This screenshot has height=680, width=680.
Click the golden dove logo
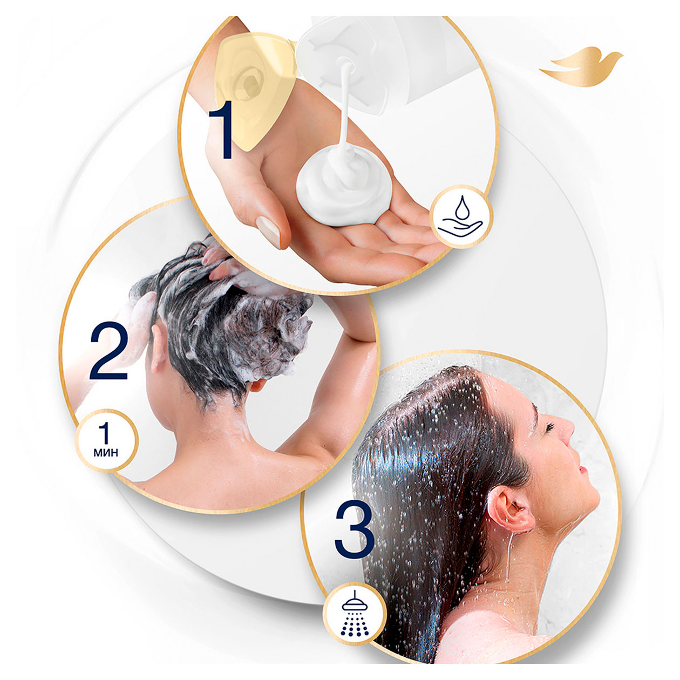pyautogui.click(x=581, y=67)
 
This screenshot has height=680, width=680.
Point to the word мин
pyautogui.click(x=106, y=452)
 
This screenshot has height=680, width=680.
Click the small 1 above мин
pyautogui.click(x=105, y=433)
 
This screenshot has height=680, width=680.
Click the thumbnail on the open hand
pyautogui.click(x=268, y=233)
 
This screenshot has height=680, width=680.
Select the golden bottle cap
pyautogui.click(x=255, y=91)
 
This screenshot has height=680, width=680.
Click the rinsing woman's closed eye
pyautogui.click(x=549, y=428)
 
